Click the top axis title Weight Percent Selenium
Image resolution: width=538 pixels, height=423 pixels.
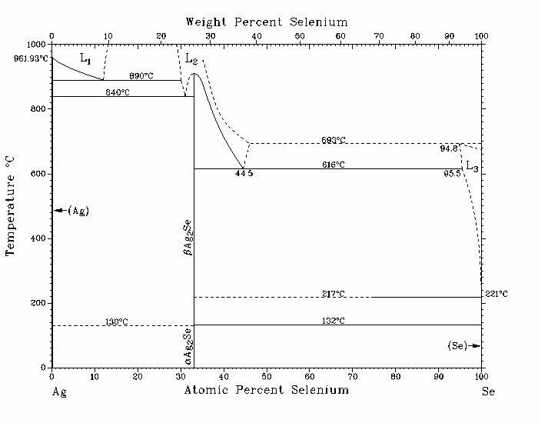[x=267, y=22]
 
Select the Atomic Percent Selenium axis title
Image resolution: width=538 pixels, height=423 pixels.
[x=266, y=390]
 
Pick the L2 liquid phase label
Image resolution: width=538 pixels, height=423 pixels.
[x=191, y=58]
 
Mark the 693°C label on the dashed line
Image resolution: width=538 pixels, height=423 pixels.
[x=334, y=140]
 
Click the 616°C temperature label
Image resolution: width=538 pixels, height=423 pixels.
[x=334, y=165]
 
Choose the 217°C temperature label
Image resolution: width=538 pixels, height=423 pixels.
[x=334, y=293]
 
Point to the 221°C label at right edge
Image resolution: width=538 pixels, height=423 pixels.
[x=496, y=294]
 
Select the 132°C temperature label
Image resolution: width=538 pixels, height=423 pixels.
[x=334, y=321]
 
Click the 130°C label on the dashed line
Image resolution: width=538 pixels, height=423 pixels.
[x=117, y=321]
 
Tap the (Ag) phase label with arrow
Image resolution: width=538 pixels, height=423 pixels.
[x=73, y=211]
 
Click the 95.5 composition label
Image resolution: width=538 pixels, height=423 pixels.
[x=452, y=173]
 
